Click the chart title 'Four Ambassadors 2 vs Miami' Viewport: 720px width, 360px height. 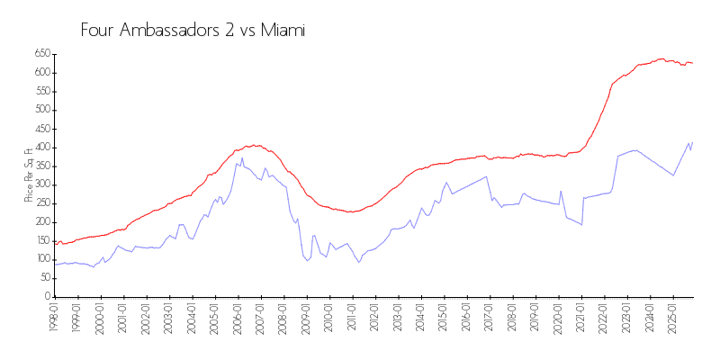click(193, 31)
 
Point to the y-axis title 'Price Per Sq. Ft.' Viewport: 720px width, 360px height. click(29, 175)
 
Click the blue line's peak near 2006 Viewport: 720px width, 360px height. click(242, 158)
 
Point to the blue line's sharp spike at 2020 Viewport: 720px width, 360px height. click(561, 191)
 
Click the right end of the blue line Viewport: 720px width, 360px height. click(692, 142)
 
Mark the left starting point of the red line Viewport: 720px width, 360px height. click(55, 241)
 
